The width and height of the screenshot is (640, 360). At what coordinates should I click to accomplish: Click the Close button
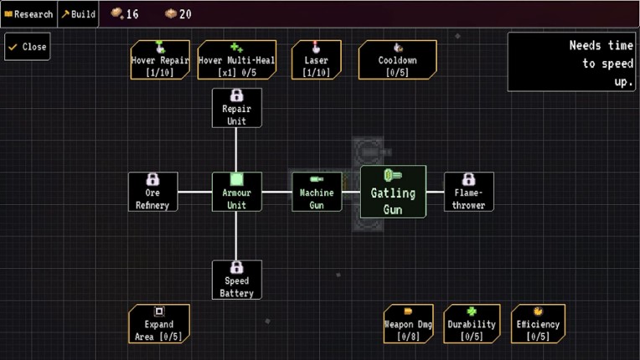click(x=27, y=47)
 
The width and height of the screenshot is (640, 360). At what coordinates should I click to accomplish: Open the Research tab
click(x=28, y=14)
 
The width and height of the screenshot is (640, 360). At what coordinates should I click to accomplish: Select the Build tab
click(x=78, y=14)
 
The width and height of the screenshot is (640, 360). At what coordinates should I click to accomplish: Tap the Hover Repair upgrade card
click(x=160, y=59)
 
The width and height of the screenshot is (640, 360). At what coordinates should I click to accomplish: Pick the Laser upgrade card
click(x=317, y=59)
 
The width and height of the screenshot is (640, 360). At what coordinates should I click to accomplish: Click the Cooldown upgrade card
click(x=397, y=59)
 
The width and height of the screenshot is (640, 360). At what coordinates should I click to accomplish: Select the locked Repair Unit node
click(x=236, y=108)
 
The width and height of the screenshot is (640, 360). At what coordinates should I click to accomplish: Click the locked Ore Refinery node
click(x=152, y=192)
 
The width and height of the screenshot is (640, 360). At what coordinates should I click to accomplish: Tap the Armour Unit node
click(x=236, y=192)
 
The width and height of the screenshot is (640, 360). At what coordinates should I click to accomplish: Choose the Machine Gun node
click(x=317, y=192)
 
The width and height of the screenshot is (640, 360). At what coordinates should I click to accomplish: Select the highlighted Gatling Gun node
click(x=393, y=192)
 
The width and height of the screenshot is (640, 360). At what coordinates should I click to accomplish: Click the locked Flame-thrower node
click(x=468, y=192)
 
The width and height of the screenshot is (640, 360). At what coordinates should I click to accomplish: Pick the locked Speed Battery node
click(x=236, y=279)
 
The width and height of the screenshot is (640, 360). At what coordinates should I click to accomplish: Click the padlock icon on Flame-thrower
click(x=468, y=179)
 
